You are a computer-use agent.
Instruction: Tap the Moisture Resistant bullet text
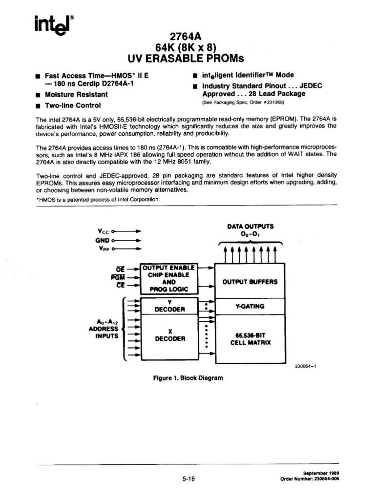click(x=76, y=95)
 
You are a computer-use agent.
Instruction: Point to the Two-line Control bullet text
click(x=73, y=105)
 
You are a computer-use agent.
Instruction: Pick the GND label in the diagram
click(x=102, y=240)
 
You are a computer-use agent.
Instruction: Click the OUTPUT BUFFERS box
click(x=250, y=282)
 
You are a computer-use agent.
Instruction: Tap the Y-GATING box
click(x=250, y=306)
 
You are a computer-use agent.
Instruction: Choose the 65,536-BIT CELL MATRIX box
click(x=250, y=339)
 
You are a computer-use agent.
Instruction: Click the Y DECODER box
click(x=169, y=306)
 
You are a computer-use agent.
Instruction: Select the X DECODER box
click(x=169, y=335)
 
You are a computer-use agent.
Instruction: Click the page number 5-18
click(x=188, y=479)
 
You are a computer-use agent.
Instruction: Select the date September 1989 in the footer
click(x=321, y=473)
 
